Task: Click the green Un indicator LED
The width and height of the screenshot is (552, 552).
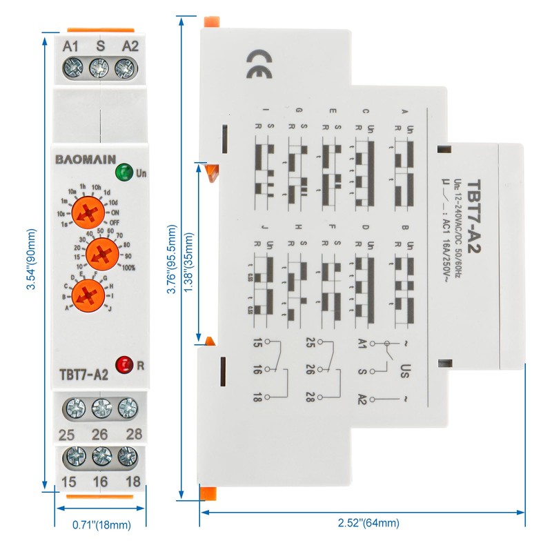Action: click(x=124, y=172)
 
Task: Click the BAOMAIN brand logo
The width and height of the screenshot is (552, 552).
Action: click(x=86, y=159)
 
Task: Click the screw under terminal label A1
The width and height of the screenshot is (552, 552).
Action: click(x=72, y=68)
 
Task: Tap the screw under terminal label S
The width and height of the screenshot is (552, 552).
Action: click(x=99, y=68)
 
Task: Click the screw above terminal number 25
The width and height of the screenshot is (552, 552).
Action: click(x=75, y=409)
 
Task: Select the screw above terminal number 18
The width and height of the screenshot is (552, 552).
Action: click(x=127, y=457)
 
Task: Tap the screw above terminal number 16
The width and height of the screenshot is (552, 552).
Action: click(x=101, y=457)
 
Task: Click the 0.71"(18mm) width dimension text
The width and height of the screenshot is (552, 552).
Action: click(x=101, y=525)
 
